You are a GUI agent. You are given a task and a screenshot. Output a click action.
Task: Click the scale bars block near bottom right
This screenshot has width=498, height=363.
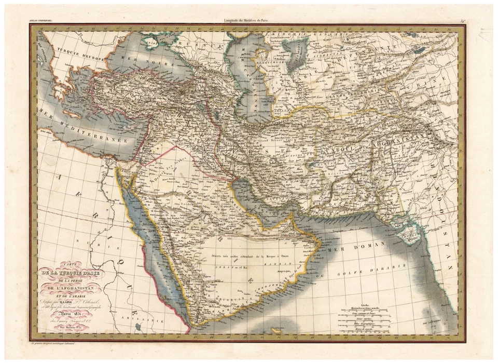[366, 317]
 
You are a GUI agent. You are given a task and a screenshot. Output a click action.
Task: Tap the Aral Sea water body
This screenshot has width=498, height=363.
[297, 55]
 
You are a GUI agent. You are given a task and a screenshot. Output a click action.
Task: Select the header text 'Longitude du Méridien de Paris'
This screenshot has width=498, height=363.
[248, 21]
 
